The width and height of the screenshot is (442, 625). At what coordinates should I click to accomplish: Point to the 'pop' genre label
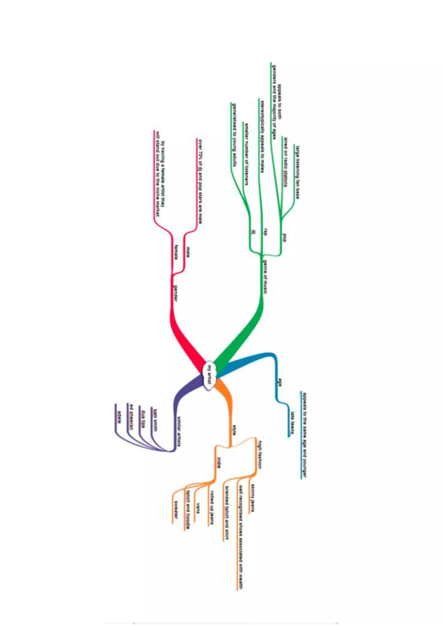(x=284, y=238)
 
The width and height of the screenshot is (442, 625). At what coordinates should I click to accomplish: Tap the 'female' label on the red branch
(x=176, y=252)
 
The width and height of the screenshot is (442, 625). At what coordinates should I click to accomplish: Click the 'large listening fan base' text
(x=298, y=172)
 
